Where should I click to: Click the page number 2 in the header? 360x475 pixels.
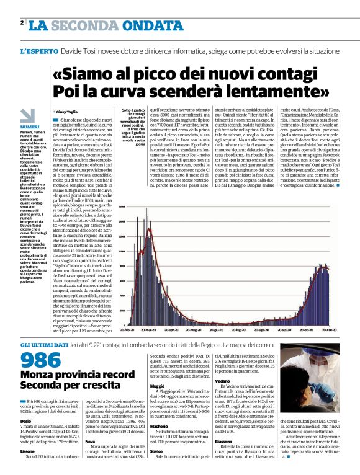22,23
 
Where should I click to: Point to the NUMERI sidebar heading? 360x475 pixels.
29,126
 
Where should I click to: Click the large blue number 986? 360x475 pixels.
41,360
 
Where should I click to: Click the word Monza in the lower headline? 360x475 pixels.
39,375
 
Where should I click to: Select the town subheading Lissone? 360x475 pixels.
29,451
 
